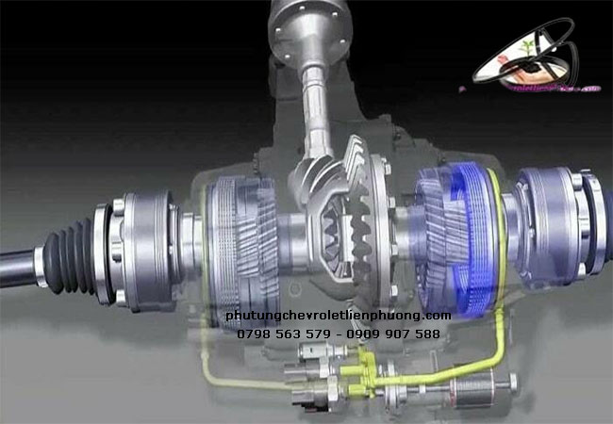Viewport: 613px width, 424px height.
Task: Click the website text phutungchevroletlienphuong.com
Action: click(x=339, y=316)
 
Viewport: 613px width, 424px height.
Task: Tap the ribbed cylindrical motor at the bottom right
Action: click(x=472, y=387)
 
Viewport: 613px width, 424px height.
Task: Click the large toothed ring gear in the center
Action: click(x=369, y=212)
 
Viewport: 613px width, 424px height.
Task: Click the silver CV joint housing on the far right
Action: click(x=556, y=221)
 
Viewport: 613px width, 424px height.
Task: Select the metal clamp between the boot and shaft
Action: click(x=39, y=256)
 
